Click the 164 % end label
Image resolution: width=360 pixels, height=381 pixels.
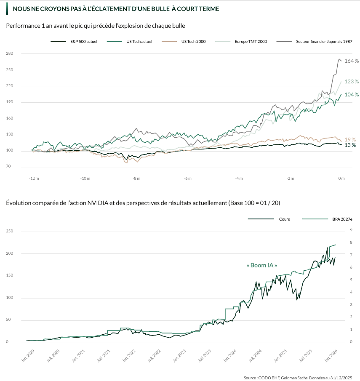point(352,61)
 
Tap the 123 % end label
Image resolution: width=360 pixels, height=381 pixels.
point(352,82)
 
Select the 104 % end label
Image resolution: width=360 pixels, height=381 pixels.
point(352,95)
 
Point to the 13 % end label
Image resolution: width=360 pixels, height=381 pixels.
point(350,145)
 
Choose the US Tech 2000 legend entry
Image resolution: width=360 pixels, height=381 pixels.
point(193,42)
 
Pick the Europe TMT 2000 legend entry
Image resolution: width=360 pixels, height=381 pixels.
point(251,42)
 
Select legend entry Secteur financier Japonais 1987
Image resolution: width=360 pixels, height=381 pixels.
point(324,42)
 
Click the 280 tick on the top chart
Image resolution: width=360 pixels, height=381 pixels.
point(10,53)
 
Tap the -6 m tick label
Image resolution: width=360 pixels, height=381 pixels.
point(188,179)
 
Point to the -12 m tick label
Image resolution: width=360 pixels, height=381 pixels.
point(34,179)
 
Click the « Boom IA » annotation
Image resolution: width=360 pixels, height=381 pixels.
point(261,266)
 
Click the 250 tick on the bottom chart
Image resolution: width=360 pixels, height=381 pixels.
point(10,231)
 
